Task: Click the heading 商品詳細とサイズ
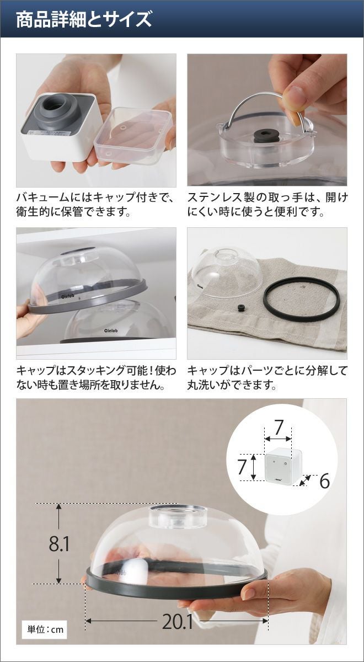pyautogui.click(x=84, y=19)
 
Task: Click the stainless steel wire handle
pyautogui.click(x=263, y=111)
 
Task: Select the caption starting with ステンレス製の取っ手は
pyautogui.click(x=267, y=205)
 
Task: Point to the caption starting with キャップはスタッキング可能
pyautogui.click(x=96, y=377)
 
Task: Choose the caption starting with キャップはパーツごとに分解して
pyautogui.click(x=267, y=377)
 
